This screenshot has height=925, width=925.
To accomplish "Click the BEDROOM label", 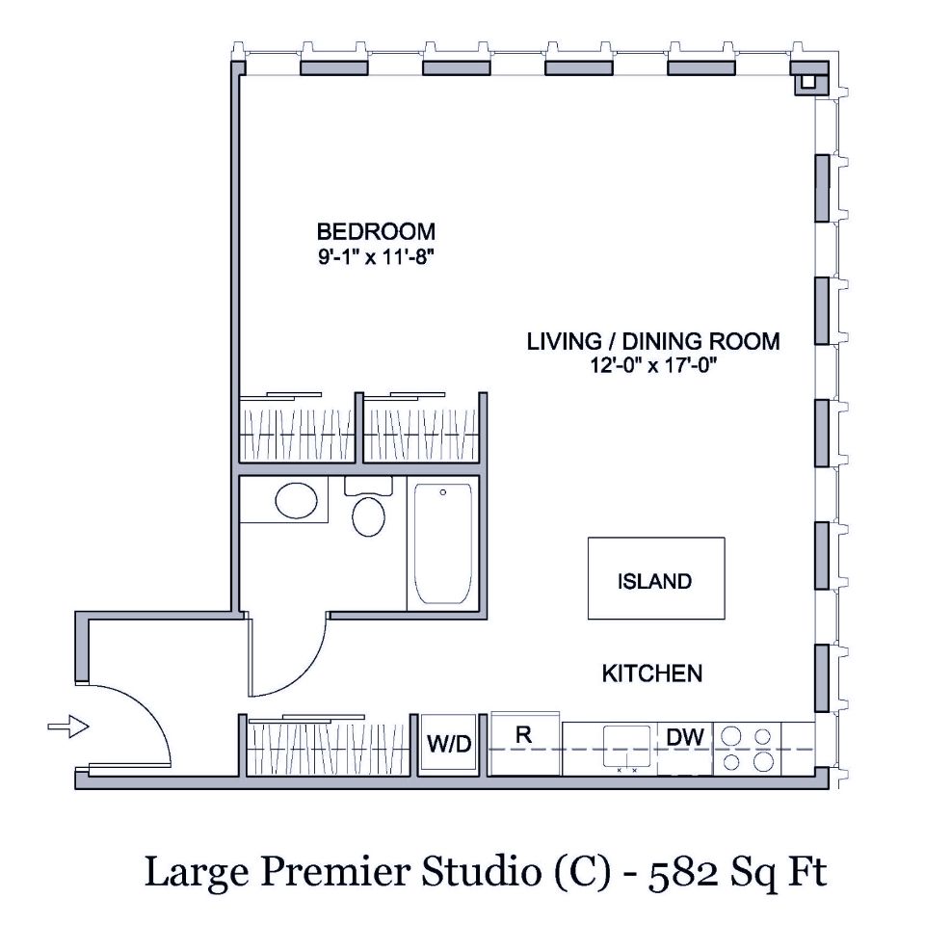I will pyautogui.click(x=376, y=231).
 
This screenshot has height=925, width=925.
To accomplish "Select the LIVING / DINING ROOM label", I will pyautogui.click(x=652, y=341).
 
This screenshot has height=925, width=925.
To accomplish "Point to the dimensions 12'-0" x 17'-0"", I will pyautogui.click(x=652, y=365).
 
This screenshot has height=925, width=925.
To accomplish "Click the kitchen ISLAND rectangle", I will pyautogui.click(x=655, y=579).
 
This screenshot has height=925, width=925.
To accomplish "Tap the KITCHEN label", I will pyautogui.click(x=651, y=674).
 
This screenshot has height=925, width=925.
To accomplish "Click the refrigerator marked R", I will pyautogui.click(x=525, y=742).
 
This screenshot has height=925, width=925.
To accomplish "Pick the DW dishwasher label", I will pyautogui.click(x=685, y=738).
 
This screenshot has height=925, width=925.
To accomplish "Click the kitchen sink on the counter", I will pyautogui.click(x=626, y=748).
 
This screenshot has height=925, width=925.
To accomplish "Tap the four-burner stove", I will pyautogui.click(x=749, y=749).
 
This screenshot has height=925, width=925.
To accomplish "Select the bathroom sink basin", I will pyautogui.click(x=295, y=500).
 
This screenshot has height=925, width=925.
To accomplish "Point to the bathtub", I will pyautogui.click(x=442, y=544).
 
